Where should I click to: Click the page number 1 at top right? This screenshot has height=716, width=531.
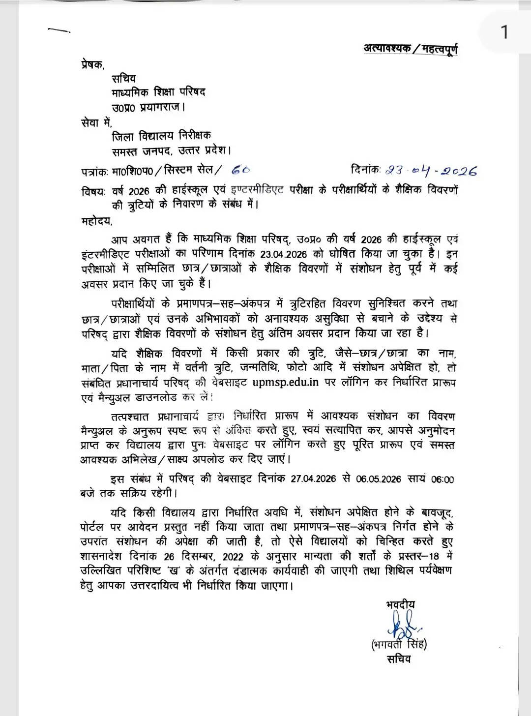[x=504, y=32]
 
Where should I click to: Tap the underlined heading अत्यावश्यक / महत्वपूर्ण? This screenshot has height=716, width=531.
[x=411, y=49]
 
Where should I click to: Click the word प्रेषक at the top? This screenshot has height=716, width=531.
[x=92, y=64]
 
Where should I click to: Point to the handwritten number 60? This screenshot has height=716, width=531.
[x=240, y=170]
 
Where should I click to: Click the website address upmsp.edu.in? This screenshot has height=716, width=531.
[x=286, y=382]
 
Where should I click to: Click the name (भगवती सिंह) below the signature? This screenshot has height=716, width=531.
[x=399, y=644]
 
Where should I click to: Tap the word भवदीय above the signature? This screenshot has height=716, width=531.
[x=400, y=604]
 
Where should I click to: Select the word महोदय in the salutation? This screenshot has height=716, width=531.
[x=97, y=221]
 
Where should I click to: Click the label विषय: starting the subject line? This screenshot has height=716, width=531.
[x=93, y=191]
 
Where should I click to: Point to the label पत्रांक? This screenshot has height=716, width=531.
[x=95, y=172]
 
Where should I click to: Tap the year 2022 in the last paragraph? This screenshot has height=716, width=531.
[x=233, y=557]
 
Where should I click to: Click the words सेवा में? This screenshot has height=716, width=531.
[x=97, y=121]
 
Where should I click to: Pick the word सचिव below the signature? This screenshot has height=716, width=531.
[x=398, y=659]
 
